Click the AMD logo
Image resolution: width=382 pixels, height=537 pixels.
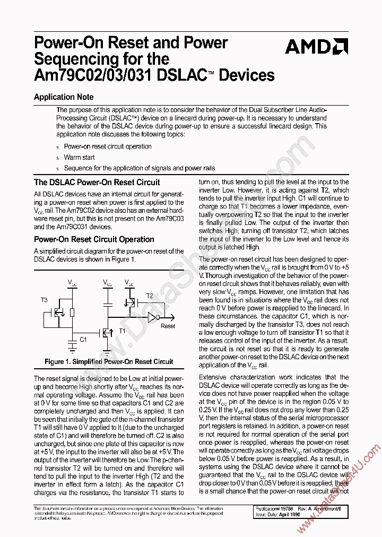(x=316, y=47)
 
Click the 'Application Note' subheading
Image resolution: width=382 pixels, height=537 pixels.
(x=64, y=97)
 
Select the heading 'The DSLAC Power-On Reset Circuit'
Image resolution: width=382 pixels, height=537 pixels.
(x=97, y=182)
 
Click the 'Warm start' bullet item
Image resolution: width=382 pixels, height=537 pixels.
(x=79, y=157)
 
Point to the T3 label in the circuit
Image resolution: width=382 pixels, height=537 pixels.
(x=45, y=300)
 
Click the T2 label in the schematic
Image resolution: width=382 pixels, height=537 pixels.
(x=149, y=296)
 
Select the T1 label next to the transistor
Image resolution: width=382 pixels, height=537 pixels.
(x=122, y=330)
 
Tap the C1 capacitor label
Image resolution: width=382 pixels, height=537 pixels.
(x=83, y=338)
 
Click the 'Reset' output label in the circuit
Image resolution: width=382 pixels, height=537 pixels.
(x=168, y=326)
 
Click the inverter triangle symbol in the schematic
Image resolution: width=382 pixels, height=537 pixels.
(x=152, y=318)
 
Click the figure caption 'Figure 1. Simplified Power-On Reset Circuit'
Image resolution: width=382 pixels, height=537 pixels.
(x=109, y=362)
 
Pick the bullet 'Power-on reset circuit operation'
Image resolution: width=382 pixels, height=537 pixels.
(x=108, y=146)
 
